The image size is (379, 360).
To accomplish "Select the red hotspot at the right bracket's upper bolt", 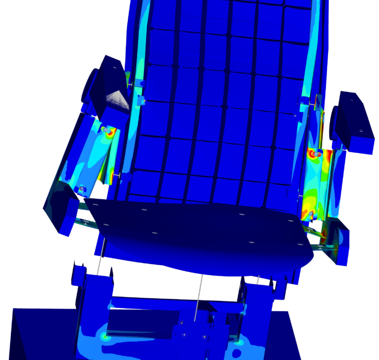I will click(313, 154).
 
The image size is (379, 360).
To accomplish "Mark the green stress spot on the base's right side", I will click(240, 340).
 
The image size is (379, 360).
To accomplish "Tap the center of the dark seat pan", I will click(200, 227).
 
